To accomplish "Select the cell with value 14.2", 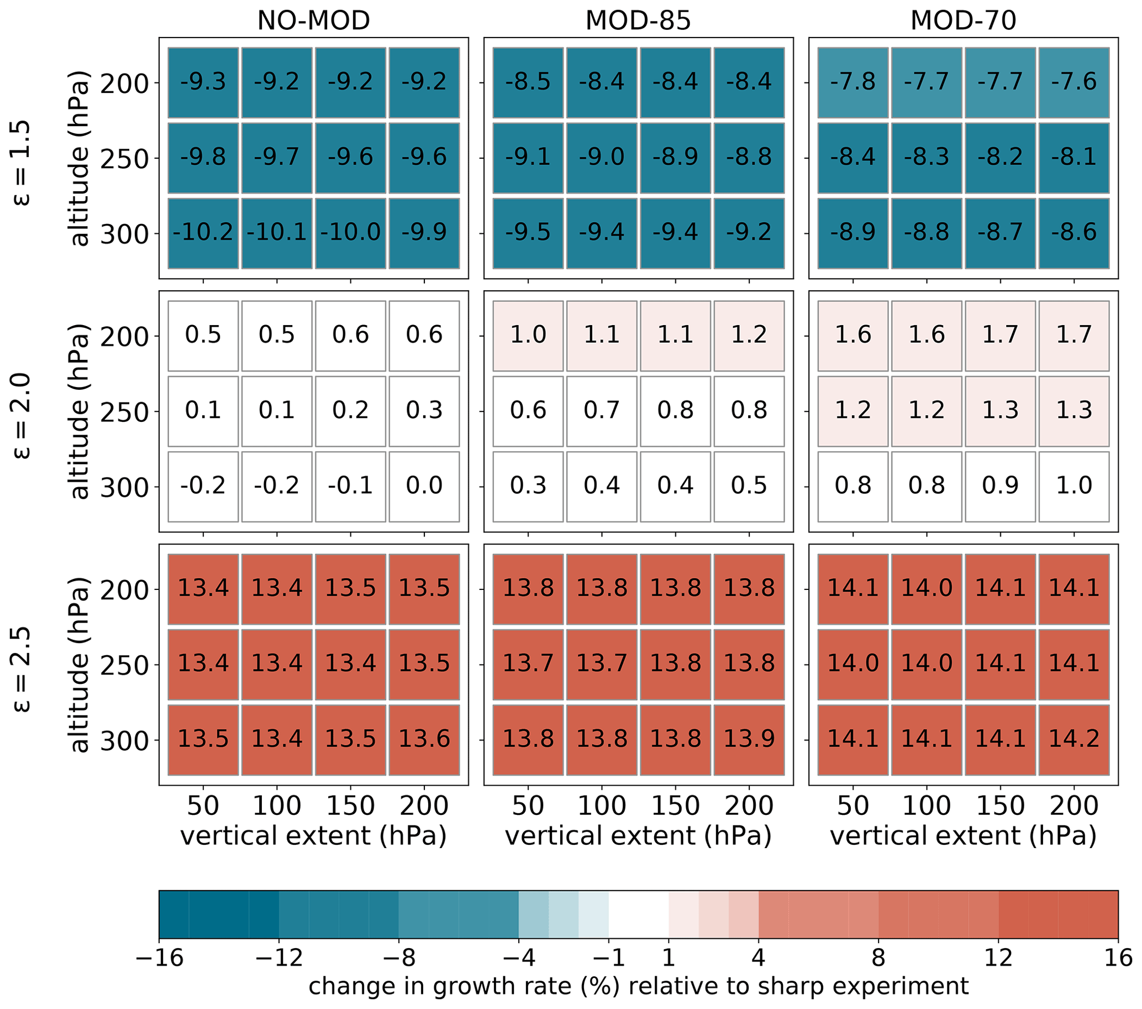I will pyautogui.click(x=1074, y=739).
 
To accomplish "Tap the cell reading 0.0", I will pyautogui.click(x=424, y=486).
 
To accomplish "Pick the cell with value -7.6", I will pyautogui.click(x=1074, y=82).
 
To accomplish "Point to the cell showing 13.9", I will pyautogui.click(x=749, y=739).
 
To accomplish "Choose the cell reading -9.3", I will pyautogui.click(x=203, y=82).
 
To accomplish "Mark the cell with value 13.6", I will pyautogui.click(x=424, y=739).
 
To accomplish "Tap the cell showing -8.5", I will pyautogui.click(x=528, y=82).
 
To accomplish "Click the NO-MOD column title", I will pyautogui.click(x=313, y=20).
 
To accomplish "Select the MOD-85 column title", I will pyautogui.click(x=638, y=20).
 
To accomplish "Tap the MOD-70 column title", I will pyautogui.click(x=963, y=20).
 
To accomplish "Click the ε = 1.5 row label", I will pyautogui.click(x=20, y=163).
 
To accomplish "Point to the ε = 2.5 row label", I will pyautogui.click(x=20, y=669).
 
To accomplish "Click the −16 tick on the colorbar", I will pyautogui.click(x=160, y=958).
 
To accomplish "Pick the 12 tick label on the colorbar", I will pyautogui.click(x=998, y=958).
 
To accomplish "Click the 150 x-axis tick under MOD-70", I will pyautogui.click(x=1000, y=806).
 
